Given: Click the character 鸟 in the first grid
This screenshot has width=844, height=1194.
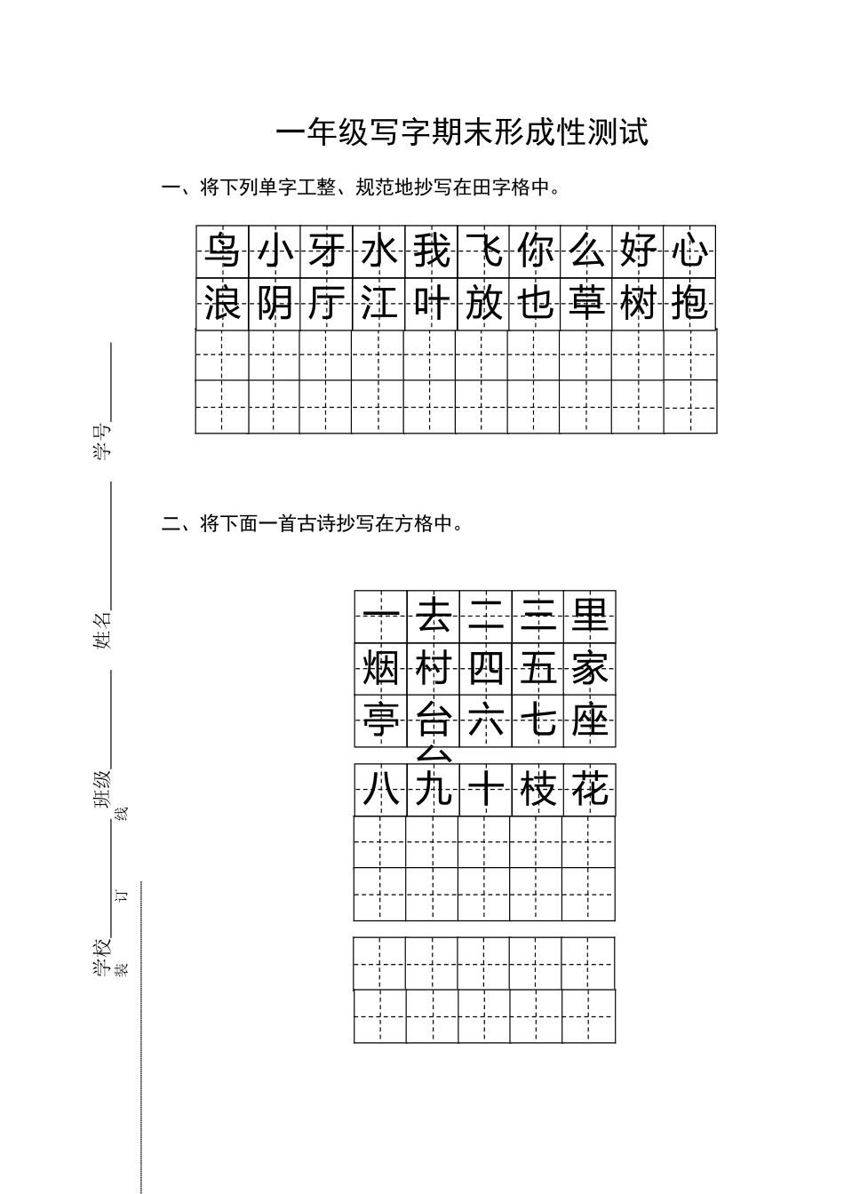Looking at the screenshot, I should (x=222, y=251).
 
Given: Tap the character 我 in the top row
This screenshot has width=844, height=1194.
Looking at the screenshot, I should (x=431, y=251).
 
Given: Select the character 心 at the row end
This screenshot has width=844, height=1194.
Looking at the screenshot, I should (x=690, y=251).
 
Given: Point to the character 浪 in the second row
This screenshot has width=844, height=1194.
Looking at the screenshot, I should (x=222, y=303).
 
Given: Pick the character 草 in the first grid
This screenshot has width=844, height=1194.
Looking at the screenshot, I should (x=586, y=303).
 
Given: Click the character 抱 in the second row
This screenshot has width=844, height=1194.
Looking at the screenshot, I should (x=690, y=303).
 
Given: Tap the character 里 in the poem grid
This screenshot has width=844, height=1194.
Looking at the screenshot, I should (x=589, y=615).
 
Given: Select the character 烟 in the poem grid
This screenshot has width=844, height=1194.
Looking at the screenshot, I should (x=381, y=668).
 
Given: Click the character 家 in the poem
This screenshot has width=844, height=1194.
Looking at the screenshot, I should (x=589, y=668).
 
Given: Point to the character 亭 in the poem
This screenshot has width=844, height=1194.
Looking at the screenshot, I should (x=381, y=720).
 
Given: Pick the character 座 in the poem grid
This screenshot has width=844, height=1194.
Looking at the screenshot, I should (x=589, y=720).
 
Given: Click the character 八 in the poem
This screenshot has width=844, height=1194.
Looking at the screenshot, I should (x=381, y=789).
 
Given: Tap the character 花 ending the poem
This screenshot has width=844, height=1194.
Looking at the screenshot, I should (x=589, y=789).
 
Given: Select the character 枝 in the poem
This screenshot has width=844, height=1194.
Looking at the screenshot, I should (x=537, y=789).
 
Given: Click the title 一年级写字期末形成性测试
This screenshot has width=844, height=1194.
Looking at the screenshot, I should (x=462, y=132).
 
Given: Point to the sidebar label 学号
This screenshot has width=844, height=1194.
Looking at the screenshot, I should (x=102, y=441).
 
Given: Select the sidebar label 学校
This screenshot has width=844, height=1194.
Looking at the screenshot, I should (x=102, y=958).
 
